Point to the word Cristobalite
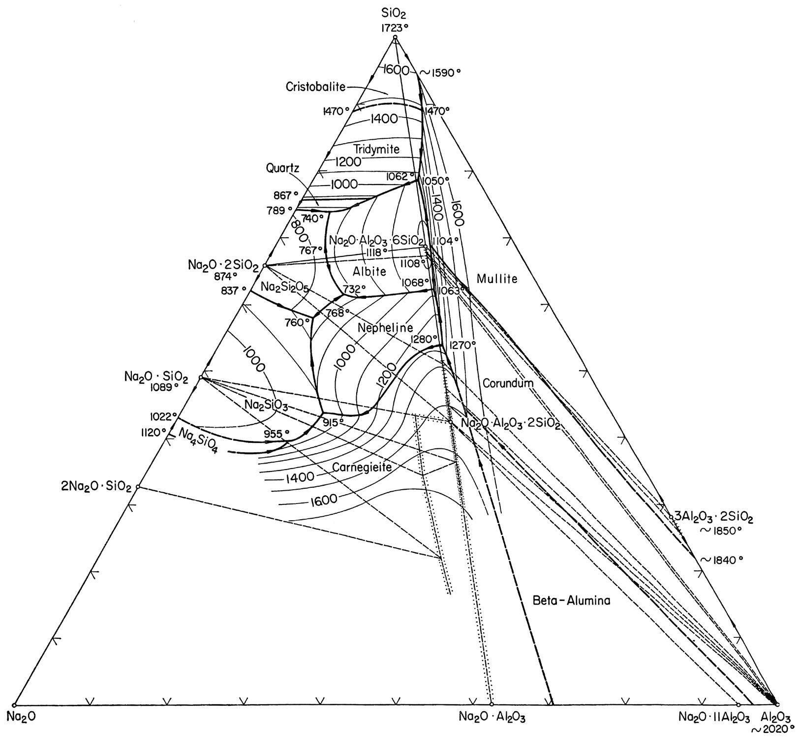pos(315,87)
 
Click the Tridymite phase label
pos(376,149)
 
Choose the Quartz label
pos(282,168)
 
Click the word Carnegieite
pos(362,467)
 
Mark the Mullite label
pos(497,279)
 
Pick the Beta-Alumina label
pos(571,600)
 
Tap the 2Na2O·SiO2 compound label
pos(97,488)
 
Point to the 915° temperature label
pos(333,422)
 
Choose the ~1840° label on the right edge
pos(721,560)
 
